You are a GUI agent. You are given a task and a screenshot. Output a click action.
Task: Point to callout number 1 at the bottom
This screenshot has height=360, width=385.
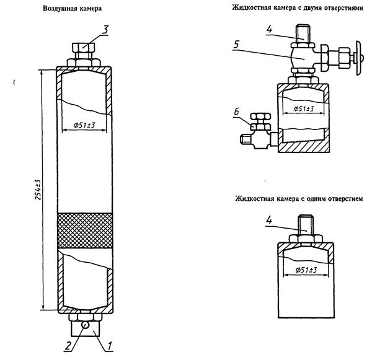(111, 345)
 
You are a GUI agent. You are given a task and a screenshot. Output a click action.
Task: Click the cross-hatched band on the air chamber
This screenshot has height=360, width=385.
(85, 230)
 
